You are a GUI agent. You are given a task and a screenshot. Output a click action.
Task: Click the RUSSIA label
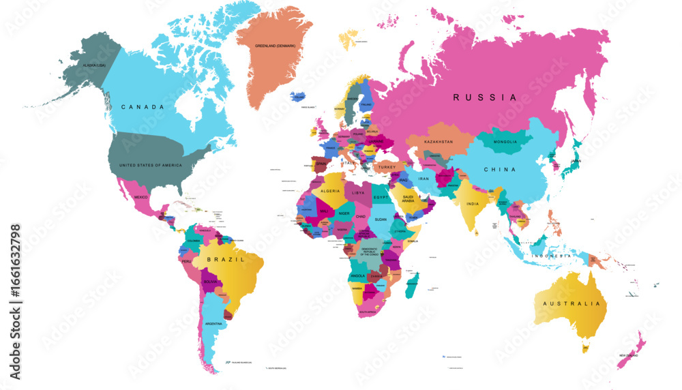tap(486, 97)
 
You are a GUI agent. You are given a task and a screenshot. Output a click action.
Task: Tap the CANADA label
tap(142, 107)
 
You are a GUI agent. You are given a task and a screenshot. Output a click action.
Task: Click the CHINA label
tap(500, 169)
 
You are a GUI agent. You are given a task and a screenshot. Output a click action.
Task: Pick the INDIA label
tap(473, 204)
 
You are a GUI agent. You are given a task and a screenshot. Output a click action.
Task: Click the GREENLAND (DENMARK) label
tap(276, 46)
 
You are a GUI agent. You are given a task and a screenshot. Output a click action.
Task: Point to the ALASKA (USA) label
tap(94, 65)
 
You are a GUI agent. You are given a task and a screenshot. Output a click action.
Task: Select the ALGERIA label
tap(330, 192)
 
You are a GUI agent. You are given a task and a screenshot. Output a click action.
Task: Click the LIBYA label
tap(358, 193)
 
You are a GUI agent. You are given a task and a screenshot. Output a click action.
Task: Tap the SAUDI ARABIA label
tap(408, 198)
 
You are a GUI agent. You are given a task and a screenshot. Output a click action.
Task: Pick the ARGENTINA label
tap(214, 323)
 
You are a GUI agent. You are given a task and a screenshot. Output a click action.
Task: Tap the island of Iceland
tap(297, 97)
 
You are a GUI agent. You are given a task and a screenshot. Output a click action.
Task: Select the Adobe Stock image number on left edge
tap(15, 301)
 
